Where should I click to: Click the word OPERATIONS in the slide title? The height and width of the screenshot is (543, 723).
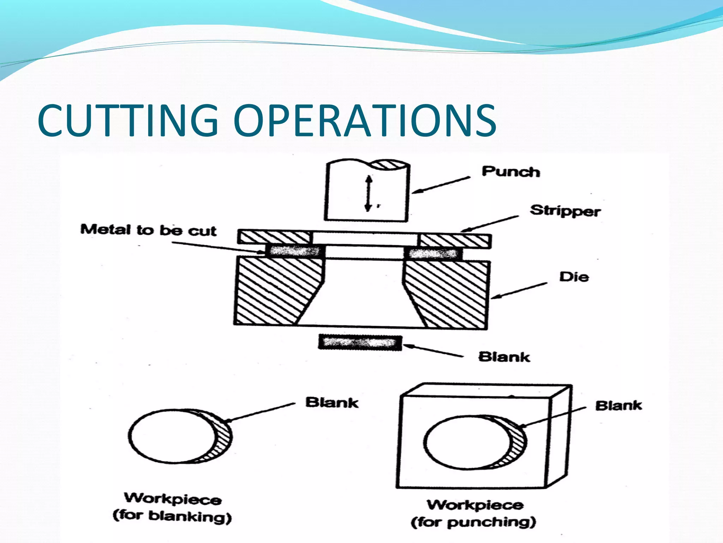tap(364, 120)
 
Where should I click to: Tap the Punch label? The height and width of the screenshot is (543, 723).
tap(511, 172)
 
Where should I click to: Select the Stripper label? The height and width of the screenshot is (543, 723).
tap(565, 211)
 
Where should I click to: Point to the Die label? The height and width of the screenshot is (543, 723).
tap(574, 277)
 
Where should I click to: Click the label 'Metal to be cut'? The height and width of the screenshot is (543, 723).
tap(148, 230)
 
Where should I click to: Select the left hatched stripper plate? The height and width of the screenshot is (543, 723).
tap(275, 237)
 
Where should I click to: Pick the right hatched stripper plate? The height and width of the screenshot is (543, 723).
tap(454, 240)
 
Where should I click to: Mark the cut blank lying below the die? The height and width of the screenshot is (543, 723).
tap(360, 343)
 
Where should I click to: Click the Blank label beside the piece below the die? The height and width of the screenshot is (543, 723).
tap(504, 357)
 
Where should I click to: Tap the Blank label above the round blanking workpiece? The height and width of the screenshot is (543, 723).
tap(332, 402)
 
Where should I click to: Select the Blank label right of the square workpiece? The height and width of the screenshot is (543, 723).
tap(619, 405)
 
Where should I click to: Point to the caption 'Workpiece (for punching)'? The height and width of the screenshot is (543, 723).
tap(474, 514)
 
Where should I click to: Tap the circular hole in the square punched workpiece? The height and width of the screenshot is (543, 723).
tap(470, 442)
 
